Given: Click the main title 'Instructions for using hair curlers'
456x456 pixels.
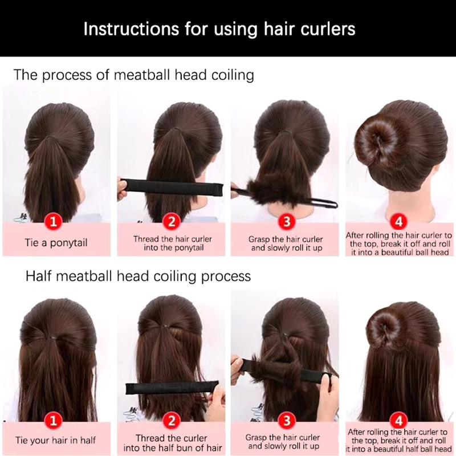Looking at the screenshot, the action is click(219, 29).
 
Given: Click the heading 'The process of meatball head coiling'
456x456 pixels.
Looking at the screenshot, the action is click(134, 75).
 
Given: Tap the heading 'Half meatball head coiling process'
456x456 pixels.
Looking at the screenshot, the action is click(138, 276).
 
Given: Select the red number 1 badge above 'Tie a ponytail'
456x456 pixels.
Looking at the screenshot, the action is click(53, 222).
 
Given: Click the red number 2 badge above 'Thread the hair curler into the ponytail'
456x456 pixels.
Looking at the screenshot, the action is click(172, 222).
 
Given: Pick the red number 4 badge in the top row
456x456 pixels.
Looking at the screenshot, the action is click(398, 222).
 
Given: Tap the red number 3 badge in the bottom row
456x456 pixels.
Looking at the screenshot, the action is click(287, 421).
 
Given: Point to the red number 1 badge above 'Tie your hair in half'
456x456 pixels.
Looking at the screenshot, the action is click(53, 421).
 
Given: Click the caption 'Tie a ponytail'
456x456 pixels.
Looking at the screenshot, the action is click(56, 243).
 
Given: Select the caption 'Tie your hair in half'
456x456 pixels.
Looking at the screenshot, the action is click(55, 440).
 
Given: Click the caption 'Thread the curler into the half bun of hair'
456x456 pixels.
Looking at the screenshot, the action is click(173, 443).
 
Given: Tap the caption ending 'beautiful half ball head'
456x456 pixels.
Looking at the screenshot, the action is click(398, 440).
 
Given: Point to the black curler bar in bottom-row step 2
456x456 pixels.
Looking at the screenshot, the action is click(172, 388).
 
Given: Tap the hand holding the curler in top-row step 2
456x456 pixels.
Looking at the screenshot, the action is click(122, 189).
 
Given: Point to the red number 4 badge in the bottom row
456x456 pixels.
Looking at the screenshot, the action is click(398, 421).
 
